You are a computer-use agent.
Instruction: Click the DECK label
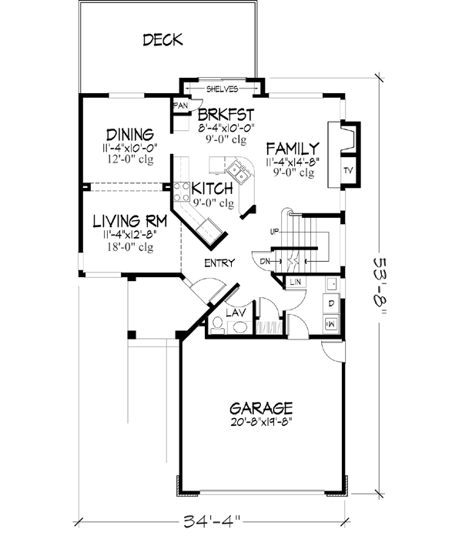click(x=162, y=40)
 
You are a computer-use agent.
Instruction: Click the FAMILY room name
click(x=293, y=148)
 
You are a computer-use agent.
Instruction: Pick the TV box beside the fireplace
click(x=349, y=170)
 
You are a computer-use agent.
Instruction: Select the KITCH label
click(x=213, y=189)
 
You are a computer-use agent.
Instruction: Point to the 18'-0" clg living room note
click(x=129, y=247)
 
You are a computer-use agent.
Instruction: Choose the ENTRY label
click(x=219, y=263)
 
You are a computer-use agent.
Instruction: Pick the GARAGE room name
click(x=260, y=407)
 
